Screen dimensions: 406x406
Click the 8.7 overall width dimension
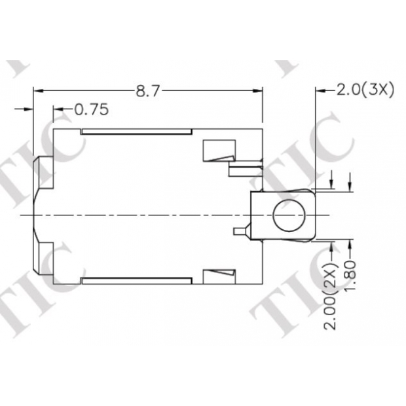[x=148, y=91]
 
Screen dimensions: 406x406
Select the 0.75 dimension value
[x=91, y=109]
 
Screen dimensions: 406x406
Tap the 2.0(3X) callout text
[x=365, y=90]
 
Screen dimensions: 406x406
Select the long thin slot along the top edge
[x=136, y=132]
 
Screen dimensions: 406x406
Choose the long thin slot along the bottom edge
[x=136, y=281]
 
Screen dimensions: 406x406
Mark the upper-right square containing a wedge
[x=217, y=151]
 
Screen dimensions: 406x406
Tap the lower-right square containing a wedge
[x=217, y=275]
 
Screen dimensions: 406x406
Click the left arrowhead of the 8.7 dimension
[x=37, y=91]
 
